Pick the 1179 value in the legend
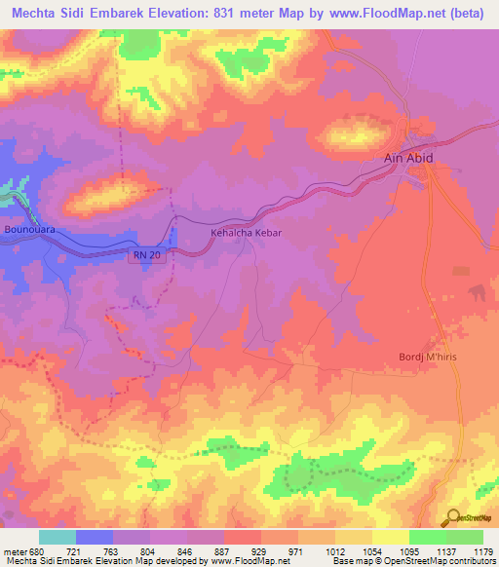(483, 550)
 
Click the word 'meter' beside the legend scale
(15, 550)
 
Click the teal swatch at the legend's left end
(58, 537)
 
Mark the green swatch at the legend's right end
(465, 537)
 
